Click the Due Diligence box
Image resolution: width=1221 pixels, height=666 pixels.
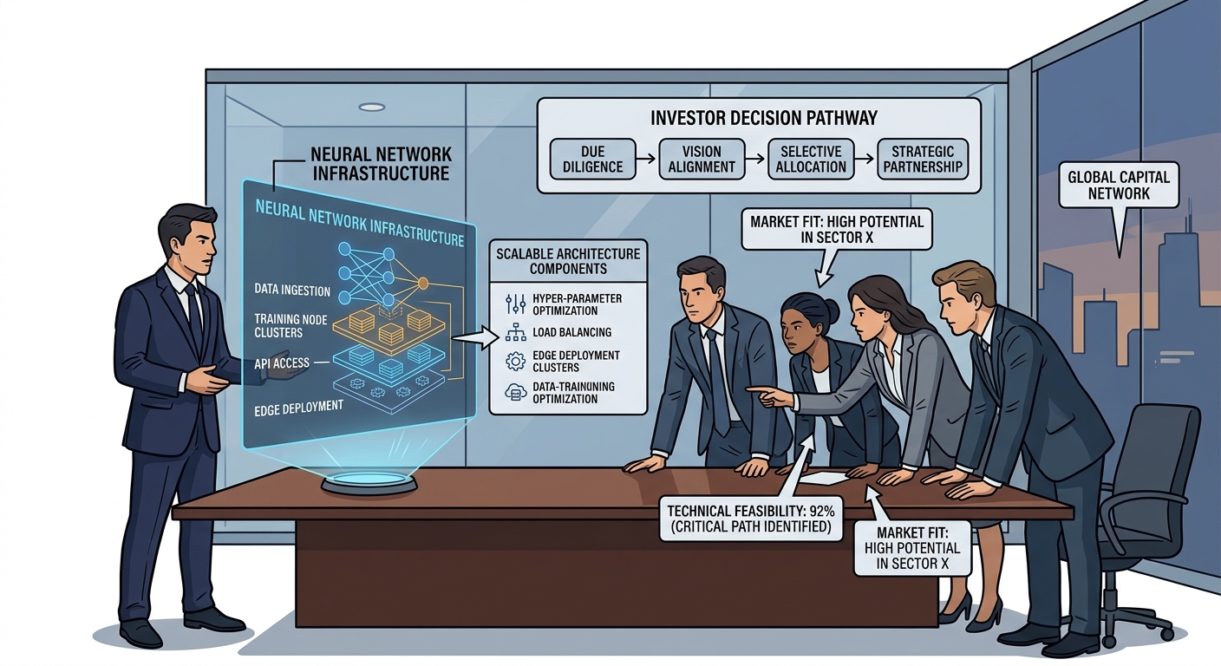592,160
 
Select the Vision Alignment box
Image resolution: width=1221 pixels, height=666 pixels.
702,160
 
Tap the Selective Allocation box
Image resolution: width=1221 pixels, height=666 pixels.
811,160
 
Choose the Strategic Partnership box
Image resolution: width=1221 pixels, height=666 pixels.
923,160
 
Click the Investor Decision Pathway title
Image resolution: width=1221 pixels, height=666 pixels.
764,118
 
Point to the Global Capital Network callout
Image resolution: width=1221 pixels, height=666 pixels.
1119,186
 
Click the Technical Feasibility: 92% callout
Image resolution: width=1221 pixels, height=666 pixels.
751,519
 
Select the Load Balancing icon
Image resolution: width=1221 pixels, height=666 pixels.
515,332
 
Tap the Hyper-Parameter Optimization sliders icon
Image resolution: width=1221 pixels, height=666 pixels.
515,304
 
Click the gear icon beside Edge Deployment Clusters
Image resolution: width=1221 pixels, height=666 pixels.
515,361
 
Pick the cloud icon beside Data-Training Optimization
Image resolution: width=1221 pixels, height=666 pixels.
515,392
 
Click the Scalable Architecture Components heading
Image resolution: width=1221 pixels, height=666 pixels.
568,261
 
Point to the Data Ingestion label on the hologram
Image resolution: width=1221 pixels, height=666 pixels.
292,290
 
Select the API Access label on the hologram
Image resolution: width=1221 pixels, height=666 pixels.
282,363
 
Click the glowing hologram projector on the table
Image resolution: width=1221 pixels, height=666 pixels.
369,482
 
